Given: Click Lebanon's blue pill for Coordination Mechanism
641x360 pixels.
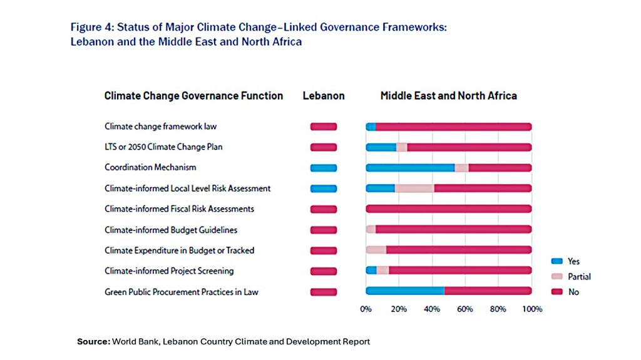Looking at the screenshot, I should click(323, 168).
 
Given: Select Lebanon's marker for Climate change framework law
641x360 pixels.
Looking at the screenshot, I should click(323, 126).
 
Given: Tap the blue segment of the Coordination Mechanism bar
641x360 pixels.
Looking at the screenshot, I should click(410, 168).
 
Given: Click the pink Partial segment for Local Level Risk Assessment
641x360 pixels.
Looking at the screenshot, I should click(414, 188).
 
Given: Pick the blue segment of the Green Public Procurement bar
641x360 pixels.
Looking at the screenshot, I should click(404, 291).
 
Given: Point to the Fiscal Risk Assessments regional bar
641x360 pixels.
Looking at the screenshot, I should click(448, 209).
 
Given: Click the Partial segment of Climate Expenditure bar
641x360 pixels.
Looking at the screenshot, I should click(376, 250).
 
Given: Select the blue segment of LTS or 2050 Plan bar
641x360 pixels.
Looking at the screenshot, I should click(381, 147).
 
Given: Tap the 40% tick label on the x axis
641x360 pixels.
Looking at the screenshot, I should click(432, 309).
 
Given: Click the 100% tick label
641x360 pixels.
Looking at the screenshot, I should click(532, 309).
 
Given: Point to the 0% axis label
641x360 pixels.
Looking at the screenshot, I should click(366, 309).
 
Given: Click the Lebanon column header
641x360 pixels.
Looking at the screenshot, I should click(324, 96).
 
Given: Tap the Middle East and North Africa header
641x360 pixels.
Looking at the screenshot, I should click(448, 96).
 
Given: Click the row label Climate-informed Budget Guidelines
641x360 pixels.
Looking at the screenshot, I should click(171, 230).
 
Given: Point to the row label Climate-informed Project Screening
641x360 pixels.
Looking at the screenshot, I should click(169, 271).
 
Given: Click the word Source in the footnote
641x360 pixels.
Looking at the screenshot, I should click(93, 342).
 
